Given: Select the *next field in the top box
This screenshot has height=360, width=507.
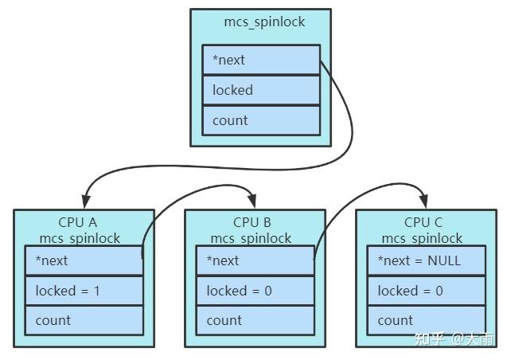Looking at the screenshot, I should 261,61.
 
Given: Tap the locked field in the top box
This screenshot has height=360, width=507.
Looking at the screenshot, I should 261,90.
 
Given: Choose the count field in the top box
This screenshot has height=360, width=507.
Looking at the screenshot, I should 261,120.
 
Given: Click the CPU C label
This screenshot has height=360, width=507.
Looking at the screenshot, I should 423,222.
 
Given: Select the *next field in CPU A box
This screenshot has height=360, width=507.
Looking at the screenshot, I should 84,260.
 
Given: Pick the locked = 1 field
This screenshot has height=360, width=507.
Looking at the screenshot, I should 84,291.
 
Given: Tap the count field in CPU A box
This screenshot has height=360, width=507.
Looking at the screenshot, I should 84,320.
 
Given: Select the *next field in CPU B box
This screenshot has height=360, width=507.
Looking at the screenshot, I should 255,260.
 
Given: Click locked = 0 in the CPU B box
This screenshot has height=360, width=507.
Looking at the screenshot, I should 255,291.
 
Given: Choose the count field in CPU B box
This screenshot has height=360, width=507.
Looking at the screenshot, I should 255,320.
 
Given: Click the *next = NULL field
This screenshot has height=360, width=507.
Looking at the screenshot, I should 426,260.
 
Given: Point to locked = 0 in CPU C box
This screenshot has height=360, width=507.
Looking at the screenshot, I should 426,291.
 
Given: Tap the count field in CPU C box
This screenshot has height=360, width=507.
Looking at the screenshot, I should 426,320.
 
